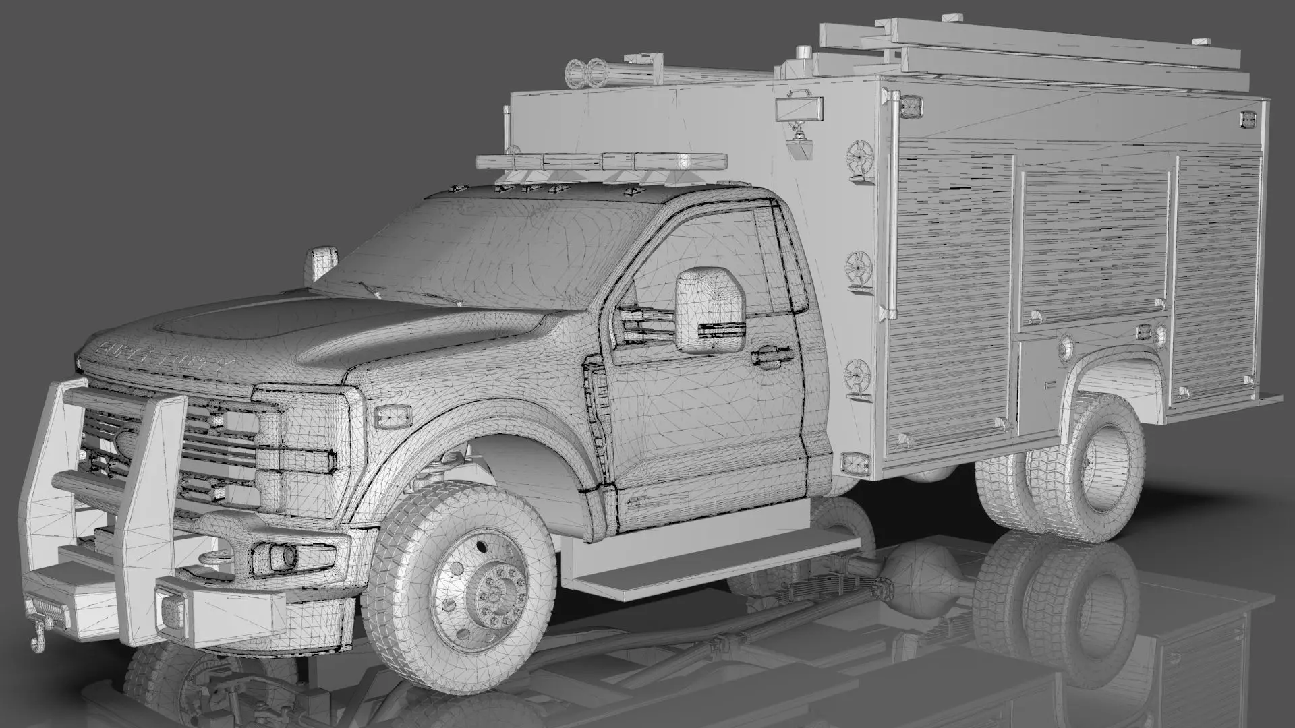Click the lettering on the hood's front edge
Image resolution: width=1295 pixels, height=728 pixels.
165,356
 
